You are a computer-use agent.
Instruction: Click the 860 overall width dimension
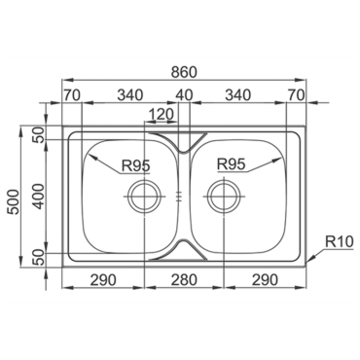click(x=184, y=72)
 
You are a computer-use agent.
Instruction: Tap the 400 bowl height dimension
click(x=39, y=197)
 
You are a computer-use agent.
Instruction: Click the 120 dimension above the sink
click(x=162, y=114)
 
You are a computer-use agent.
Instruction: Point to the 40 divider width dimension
click(x=184, y=95)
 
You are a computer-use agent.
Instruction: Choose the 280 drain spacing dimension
click(x=184, y=279)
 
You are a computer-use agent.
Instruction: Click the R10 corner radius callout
click(x=339, y=242)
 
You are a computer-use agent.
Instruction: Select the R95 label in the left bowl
click(x=136, y=165)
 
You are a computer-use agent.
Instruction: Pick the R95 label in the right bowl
click(x=231, y=164)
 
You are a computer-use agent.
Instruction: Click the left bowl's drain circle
click(x=129, y=197)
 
